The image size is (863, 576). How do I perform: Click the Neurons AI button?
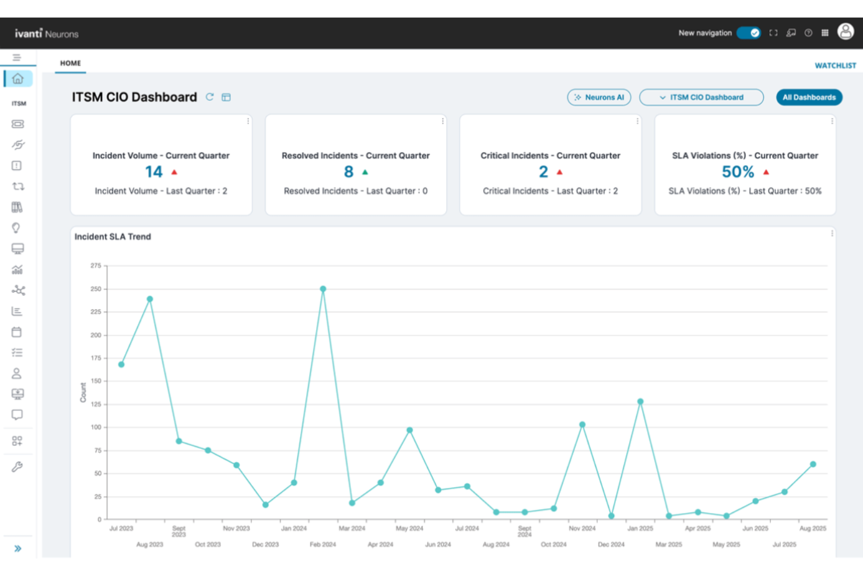599,97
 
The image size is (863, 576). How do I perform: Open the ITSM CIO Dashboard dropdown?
701,97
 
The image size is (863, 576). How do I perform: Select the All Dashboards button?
809,97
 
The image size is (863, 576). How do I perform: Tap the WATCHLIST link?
835,65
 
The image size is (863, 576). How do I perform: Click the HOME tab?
71,63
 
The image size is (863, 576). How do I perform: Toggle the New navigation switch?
748,33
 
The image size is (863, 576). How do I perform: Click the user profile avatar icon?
846,32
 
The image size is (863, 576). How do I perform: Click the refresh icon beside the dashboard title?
210,97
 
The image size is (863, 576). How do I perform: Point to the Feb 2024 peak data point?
323,289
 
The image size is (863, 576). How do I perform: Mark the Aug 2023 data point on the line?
150,299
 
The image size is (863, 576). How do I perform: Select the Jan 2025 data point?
640,402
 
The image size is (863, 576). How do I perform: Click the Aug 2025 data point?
813,465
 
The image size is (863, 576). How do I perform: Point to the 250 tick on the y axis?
96,289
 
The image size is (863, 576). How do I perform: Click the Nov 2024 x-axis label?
582,528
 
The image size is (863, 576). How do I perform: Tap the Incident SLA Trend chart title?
113,236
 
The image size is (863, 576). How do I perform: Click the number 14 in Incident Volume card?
154,172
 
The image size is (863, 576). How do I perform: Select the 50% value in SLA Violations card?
738,172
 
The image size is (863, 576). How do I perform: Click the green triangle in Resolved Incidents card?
365,172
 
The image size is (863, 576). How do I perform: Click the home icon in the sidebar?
18,78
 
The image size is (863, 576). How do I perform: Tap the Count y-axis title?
83,392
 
